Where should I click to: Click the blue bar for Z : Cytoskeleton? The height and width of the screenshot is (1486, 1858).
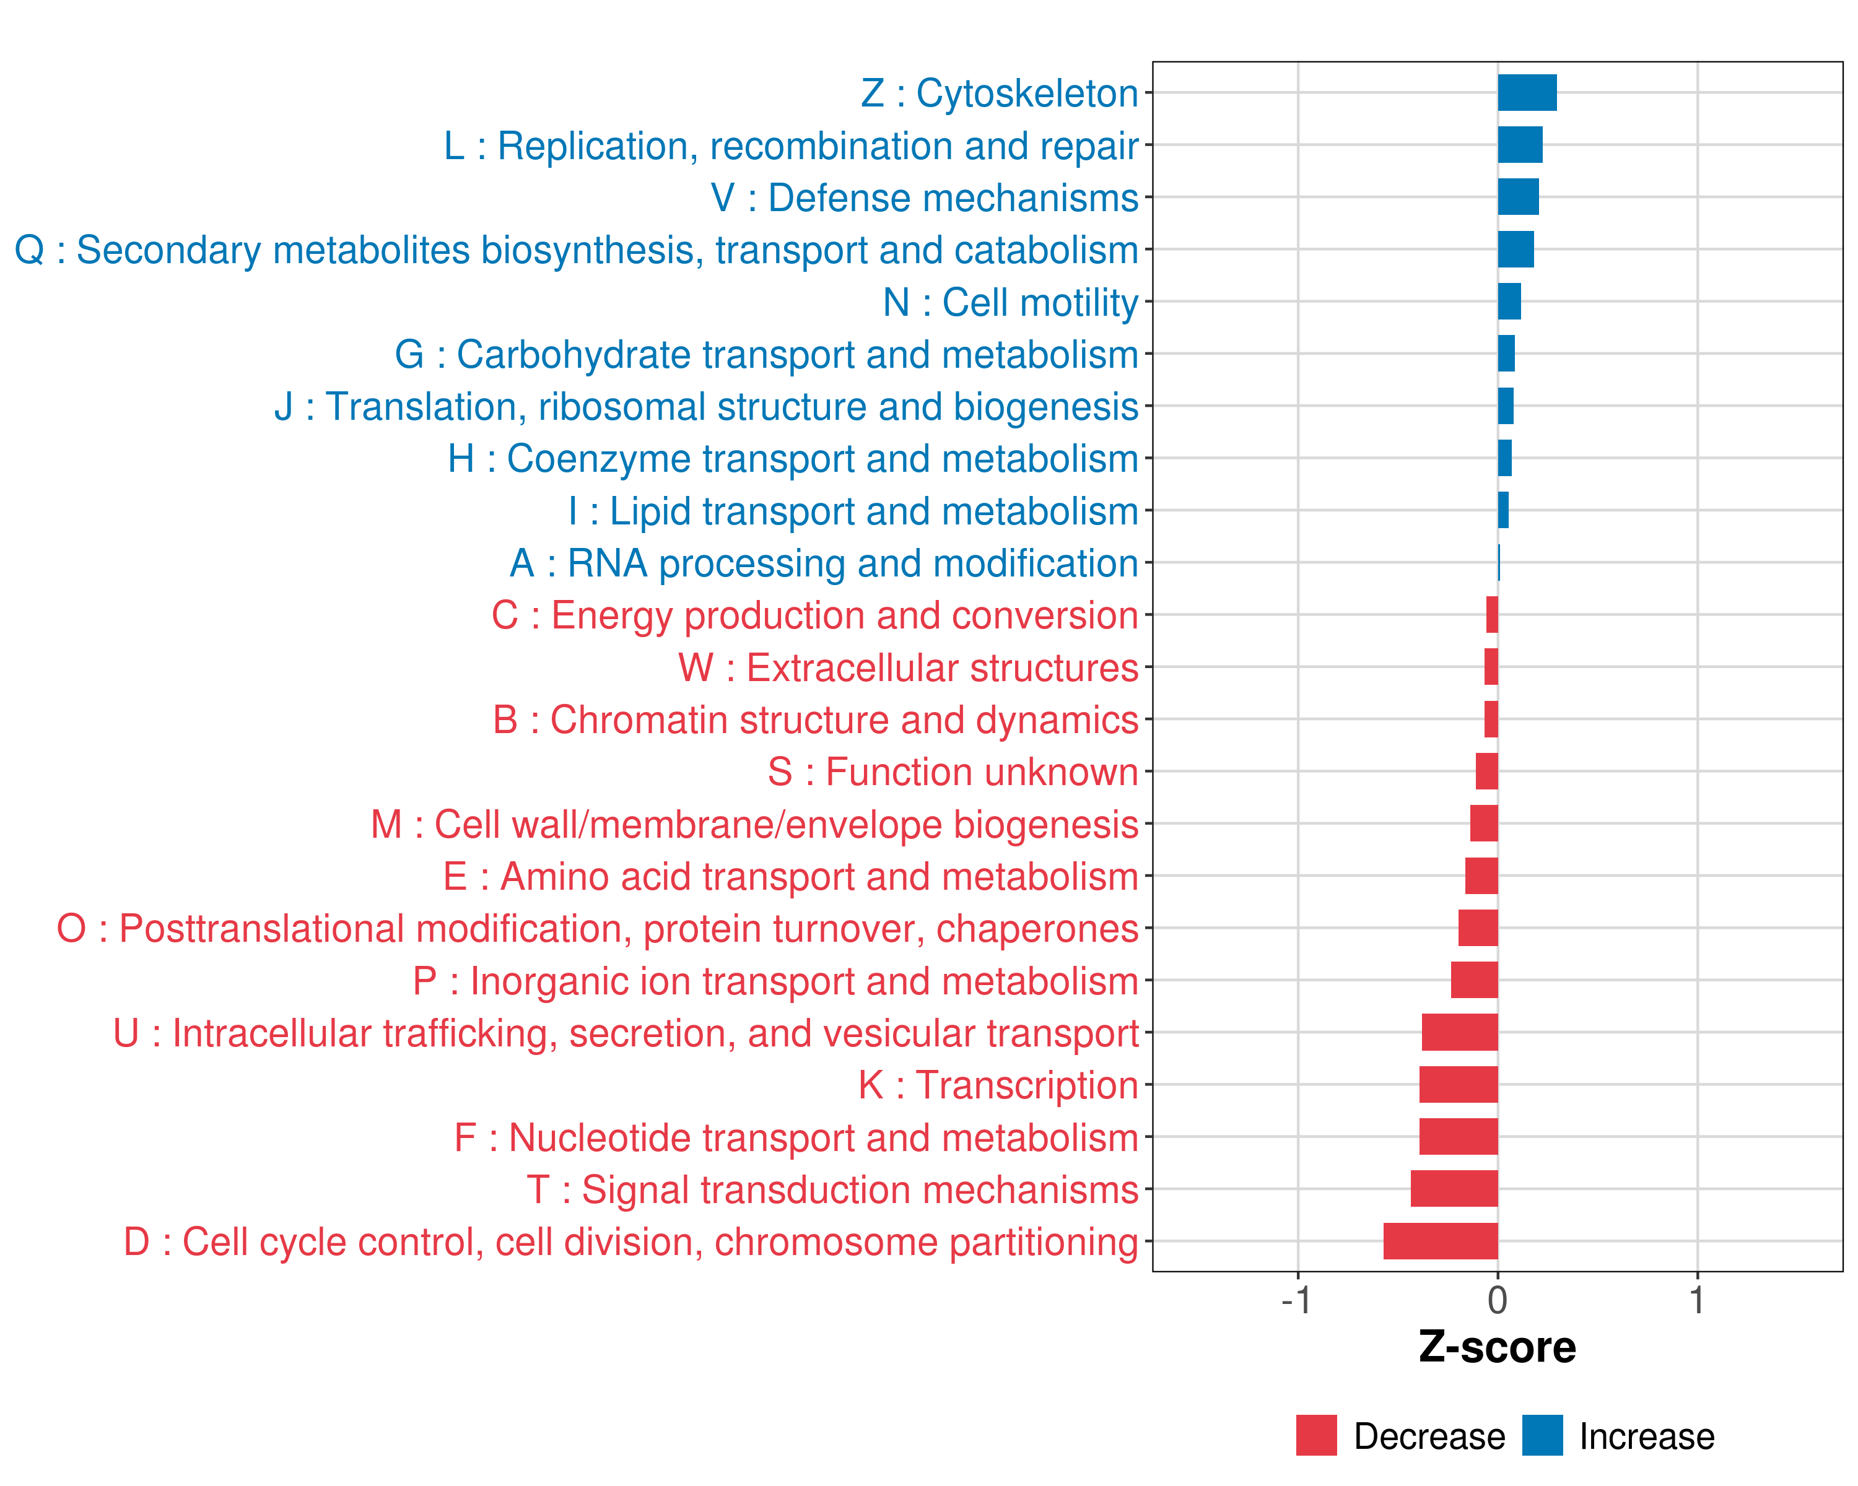1527,93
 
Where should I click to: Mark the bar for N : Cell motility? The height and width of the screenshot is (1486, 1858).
1509,302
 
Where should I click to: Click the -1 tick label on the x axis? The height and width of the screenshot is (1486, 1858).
1296,1300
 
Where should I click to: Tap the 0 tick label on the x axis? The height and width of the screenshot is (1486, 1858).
1498,1300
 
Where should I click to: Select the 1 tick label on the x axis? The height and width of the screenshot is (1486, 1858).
1697,1300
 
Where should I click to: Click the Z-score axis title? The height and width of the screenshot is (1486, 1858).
1497,1347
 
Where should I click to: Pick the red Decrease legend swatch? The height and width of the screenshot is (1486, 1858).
1316,1435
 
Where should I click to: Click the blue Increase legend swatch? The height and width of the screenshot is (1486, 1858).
1542,1435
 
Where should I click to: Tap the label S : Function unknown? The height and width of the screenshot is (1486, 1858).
953,772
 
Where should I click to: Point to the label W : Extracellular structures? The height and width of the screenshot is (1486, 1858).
907,667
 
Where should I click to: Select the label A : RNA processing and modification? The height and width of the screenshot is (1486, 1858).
823,563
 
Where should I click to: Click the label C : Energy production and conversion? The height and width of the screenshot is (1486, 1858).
814,615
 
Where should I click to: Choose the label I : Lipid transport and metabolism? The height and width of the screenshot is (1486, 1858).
852,511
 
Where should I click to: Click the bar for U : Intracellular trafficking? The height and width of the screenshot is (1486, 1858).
1459,1032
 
